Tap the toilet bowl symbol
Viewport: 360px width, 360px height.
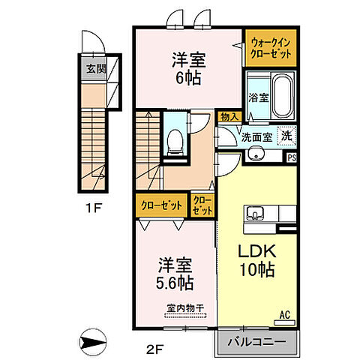pyautogui.click(x=175, y=142)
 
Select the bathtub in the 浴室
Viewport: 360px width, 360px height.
pyautogui.click(x=283, y=97)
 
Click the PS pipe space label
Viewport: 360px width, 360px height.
pyautogui.click(x=292, y=157)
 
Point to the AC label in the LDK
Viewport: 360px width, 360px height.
pyautogui.click(x=285, y=315)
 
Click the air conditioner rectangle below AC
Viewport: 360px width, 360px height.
pyautogui.click(x=285, y=322)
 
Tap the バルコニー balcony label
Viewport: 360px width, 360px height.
pyautogui.click(x=256, y=342)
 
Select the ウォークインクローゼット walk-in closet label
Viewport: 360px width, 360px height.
pyautogui.click(x=271, y=48)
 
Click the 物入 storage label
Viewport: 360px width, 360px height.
pyautogui.click(x=229, y=117)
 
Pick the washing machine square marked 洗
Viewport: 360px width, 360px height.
pyautogui.click(x=287, y=136)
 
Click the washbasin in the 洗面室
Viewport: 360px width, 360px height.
pyautogui.click(x=256, y=154)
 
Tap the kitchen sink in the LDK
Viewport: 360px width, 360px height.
pyautogui.click(x=255, y=213)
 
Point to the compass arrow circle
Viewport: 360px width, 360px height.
pyautogui.click(x=93, y=342)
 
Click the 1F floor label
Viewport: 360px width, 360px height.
pyautogui.click(x=93, y=208)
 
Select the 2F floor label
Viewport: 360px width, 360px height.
pyautogui.click(x=154, y=349)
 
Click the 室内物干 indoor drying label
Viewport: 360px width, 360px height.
pyautogui.click(x=185, y=308)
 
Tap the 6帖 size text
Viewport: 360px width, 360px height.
pyautogui.click(x=188, y=79)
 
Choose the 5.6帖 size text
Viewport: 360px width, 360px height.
pyautogui.click(x=175, y=283)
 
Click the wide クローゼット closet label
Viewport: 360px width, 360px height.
pyautogui.click(x=161, y=205)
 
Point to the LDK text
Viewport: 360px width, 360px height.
pyautogui.click(x=256, y=250)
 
